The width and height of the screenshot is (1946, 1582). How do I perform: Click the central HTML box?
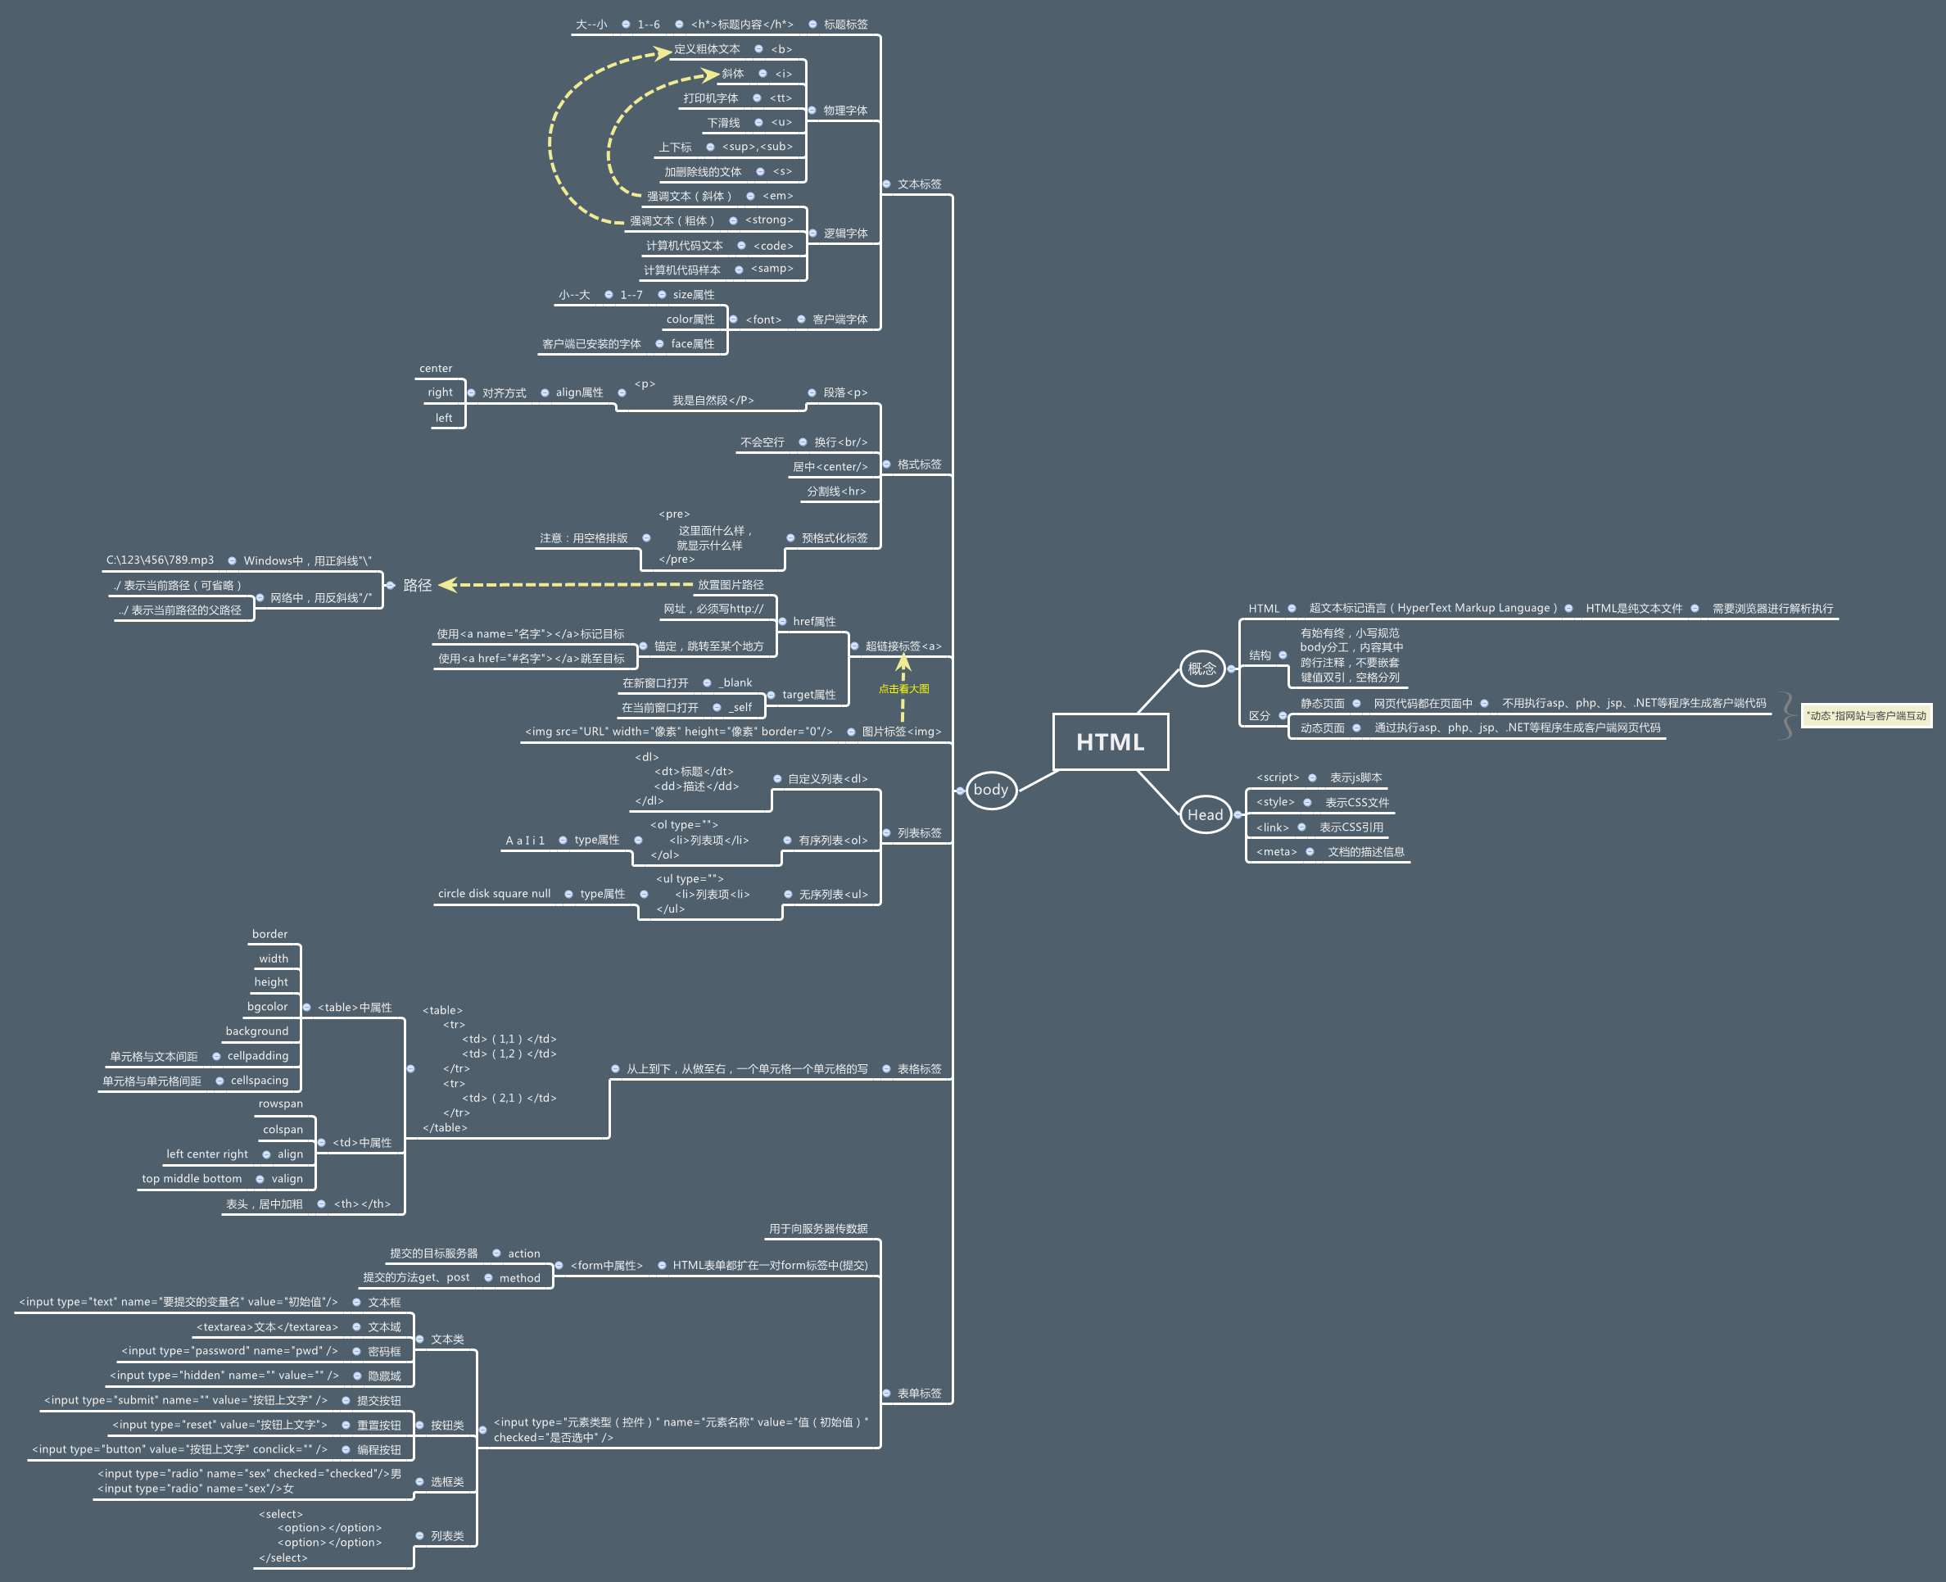[x=1110, y=741]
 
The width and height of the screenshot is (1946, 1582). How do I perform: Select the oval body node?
[x=990, y=789]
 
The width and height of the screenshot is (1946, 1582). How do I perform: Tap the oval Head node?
[x=1205, y=814]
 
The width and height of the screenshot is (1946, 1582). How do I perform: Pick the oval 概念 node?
[x=1202, y=668]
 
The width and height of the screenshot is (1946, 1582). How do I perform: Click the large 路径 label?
[x=417, y=585]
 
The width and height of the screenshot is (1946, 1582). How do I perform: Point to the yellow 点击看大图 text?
[x=903, y=689]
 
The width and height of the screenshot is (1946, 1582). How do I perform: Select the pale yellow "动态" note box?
[x=1867, y=715]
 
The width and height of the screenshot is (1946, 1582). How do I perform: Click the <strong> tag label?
[x=769, y=220]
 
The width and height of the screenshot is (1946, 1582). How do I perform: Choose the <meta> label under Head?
[x=1276, y=852]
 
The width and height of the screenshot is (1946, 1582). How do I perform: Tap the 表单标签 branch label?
[x=919, y=1394]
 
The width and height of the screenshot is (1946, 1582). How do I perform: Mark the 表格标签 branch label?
[x=919, y=1069]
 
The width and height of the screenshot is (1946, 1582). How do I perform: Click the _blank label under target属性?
[x=735, y=682]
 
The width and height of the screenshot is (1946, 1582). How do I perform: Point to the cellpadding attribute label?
[x=258, y=1055]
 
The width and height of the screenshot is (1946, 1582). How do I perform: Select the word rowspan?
[x=281, y=1104]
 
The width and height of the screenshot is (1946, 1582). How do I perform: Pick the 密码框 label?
[x=384, y=1352]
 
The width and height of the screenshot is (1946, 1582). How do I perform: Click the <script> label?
[x=1278, y=777]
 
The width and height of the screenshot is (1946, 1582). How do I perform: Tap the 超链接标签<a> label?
[x=903, y=646]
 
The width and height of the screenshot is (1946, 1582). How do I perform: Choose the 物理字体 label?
[x=845, y=111]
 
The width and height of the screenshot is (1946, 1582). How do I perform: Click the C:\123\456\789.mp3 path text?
[x=161, y=560]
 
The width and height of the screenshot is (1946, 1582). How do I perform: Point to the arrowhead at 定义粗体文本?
[x=664, y=53]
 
